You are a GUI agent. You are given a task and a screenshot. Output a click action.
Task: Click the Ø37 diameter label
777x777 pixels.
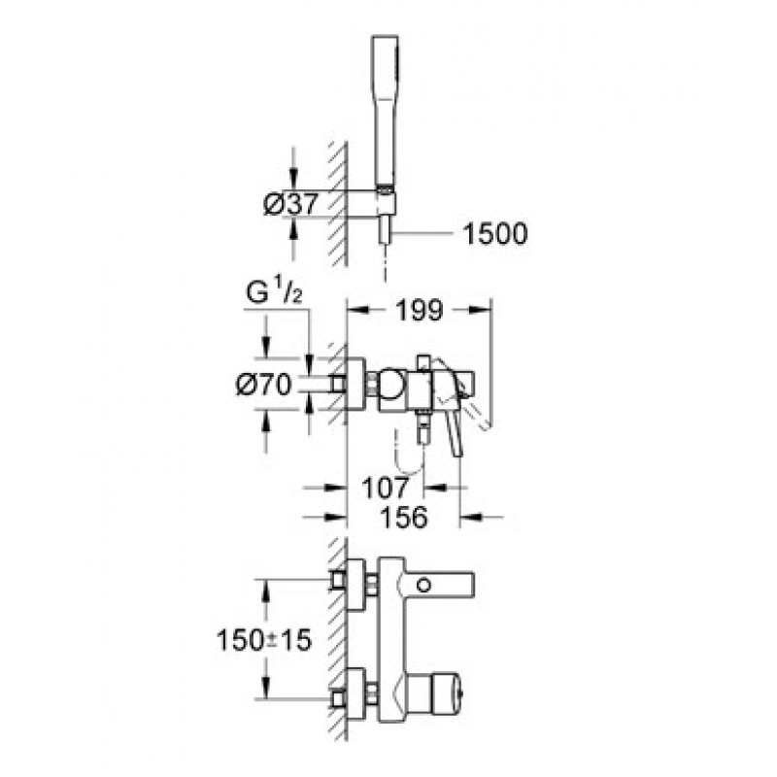coord(290,203)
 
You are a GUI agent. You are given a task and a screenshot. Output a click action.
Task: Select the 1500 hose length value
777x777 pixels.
coord(495,234)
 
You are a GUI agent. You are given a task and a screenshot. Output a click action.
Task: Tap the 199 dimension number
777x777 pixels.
coord(420,311)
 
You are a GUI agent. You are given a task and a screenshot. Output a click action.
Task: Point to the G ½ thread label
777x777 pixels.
coord(274,292)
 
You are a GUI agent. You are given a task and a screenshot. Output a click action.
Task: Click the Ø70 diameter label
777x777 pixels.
coord(263,384)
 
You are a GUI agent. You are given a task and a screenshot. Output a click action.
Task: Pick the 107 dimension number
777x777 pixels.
coord(386,488)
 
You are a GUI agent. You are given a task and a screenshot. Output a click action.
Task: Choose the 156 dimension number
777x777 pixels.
coord(403,518)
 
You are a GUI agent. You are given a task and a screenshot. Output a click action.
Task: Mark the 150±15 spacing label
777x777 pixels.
coord(264,640)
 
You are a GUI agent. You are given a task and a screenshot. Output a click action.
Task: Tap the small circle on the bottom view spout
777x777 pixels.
coord(423,586)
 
